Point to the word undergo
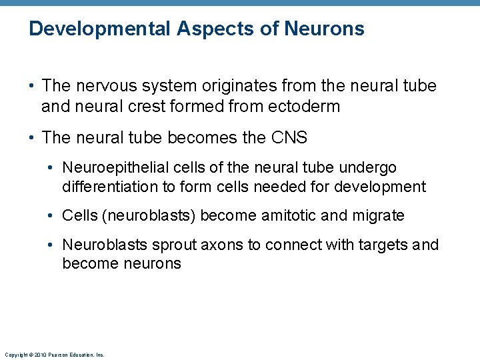pyautogui.click(x=368, y=167)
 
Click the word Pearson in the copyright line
pyautogui.click(x=55, y=355)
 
